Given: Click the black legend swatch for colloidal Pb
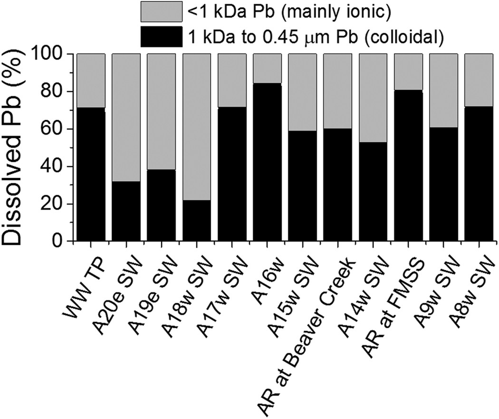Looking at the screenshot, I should click(x=161, y=37).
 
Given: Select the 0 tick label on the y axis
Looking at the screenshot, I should click(x=63, y=241).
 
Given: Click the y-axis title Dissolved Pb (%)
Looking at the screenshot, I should click(x=18, y=148).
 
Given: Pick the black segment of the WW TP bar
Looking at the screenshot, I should click(x=91, y=174).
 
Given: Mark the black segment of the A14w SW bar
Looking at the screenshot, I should click(x=373, y=190).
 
